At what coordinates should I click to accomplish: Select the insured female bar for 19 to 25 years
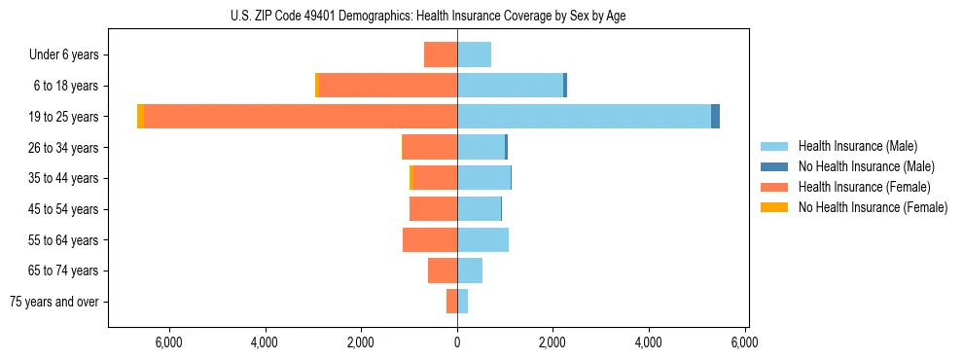[301, 117]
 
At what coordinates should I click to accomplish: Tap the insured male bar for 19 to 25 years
[584, 117]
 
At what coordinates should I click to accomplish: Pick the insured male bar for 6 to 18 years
[510, 86]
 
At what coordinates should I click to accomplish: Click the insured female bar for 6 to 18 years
[388, 86]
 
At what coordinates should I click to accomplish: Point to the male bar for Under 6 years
[474, 55]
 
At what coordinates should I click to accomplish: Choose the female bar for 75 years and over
[451, 302]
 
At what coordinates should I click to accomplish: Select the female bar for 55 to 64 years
[430, 240]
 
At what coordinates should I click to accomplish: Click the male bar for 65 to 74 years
[470, 270]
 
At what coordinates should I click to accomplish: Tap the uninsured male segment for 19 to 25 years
[715, 117]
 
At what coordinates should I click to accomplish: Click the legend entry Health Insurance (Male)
[857, 146]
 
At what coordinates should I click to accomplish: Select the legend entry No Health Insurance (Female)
[873, 207]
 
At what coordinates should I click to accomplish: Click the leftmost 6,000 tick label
[169, 342]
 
